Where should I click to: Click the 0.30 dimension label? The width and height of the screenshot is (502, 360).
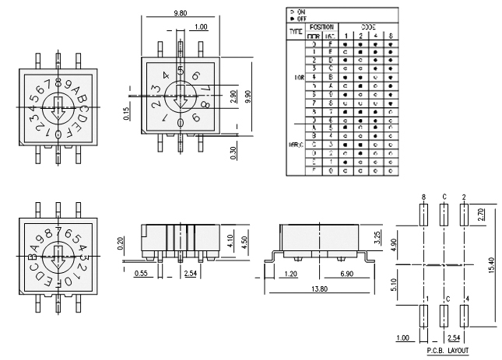point(234,152)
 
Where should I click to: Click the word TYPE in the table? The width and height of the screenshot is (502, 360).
point(296,32)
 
